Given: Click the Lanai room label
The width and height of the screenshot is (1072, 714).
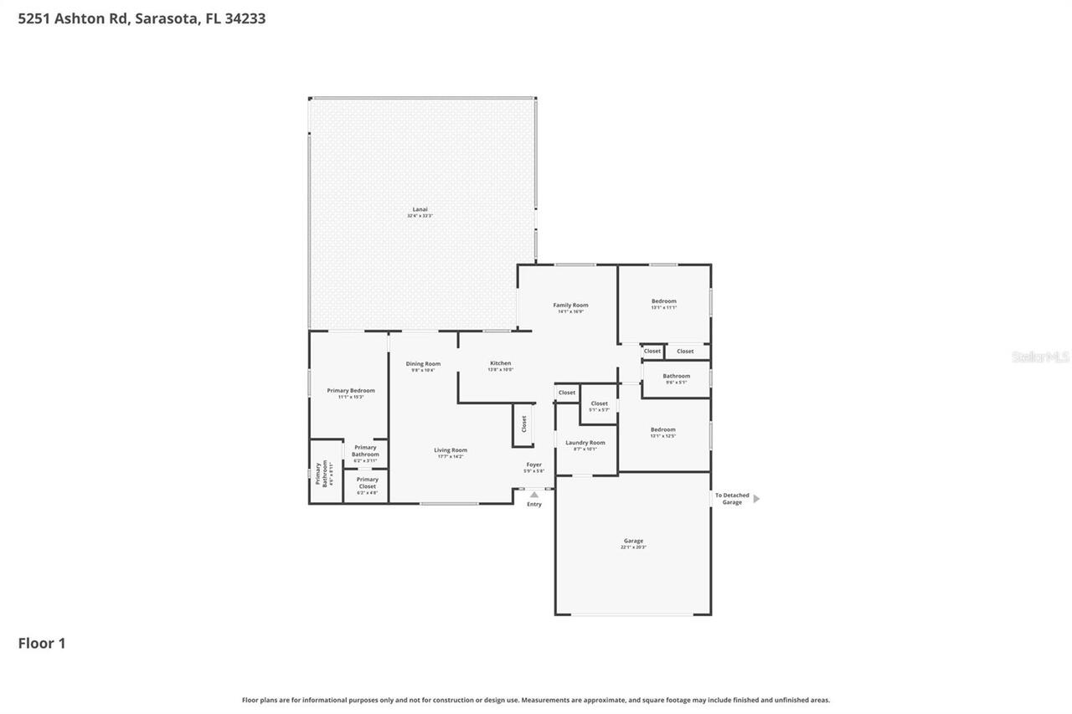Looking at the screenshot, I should point(420,209).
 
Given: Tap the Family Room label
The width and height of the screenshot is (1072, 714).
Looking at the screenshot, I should point(570,306).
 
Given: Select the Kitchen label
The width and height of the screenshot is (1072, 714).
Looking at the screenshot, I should point(500,363).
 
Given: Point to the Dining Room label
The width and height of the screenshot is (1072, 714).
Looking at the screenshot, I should point(423,364).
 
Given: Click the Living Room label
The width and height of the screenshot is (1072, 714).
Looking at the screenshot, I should point(451,450).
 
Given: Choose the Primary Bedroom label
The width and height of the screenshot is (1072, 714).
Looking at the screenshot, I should point(351,391).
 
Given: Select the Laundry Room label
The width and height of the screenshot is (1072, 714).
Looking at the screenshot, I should point(585,443).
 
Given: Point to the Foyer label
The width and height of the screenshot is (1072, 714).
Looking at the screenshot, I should point(533,465).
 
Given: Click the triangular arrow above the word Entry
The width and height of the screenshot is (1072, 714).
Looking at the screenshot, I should point(534,495).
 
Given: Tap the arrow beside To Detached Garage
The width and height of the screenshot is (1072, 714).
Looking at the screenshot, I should point(756,499).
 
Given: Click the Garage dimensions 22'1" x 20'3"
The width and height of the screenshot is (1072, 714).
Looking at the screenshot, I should point(633,547).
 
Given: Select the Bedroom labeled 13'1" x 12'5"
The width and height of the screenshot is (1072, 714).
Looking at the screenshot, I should point(663,430).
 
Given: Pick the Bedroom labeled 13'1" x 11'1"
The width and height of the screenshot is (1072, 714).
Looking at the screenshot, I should point(664,301).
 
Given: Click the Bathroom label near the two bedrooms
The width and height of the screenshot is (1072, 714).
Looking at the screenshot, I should point(677,377).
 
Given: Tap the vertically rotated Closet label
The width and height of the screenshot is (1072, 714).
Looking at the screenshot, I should point(524,424).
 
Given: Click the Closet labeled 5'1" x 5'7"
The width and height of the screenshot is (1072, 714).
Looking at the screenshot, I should point(599,404).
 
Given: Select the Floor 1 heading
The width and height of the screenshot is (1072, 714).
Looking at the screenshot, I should point(42,644).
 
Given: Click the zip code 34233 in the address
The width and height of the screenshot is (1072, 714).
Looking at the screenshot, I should point(245,18).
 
